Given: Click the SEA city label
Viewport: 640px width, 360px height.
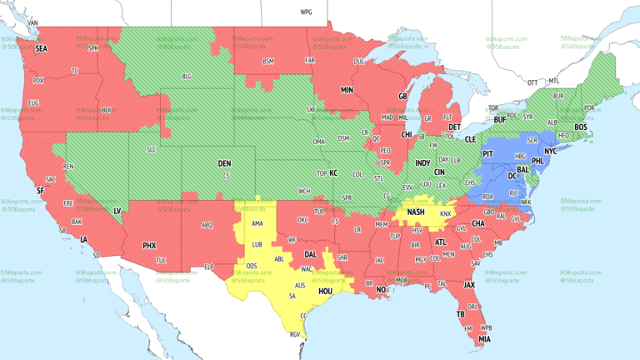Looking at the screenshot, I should [41, 49].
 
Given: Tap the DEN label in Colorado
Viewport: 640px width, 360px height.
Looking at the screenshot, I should [224, 163].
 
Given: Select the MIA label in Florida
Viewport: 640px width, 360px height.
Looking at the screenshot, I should [485, 339].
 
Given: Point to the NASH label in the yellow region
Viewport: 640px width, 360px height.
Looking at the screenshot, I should [416, 212].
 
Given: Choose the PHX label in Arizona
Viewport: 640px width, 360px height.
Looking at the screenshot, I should [149, 245].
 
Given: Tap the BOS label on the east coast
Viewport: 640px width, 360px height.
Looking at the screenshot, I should [580, 127].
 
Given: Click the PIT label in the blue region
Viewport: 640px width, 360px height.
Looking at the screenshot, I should [488, 154].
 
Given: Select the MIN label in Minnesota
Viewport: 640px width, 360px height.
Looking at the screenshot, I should [347, 89].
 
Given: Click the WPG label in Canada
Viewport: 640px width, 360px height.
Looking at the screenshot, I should [306, 12].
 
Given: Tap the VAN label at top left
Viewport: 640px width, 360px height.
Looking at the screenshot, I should [33, 22].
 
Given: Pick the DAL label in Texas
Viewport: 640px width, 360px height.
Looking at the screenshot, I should [310, 254].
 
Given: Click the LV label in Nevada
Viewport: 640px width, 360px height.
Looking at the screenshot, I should [117, 212].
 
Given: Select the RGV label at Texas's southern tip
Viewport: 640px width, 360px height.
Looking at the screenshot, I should [293, 335].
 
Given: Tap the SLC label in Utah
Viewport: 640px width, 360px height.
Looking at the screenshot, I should [151, 149].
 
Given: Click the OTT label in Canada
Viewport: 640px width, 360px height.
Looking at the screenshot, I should [532, 82].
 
